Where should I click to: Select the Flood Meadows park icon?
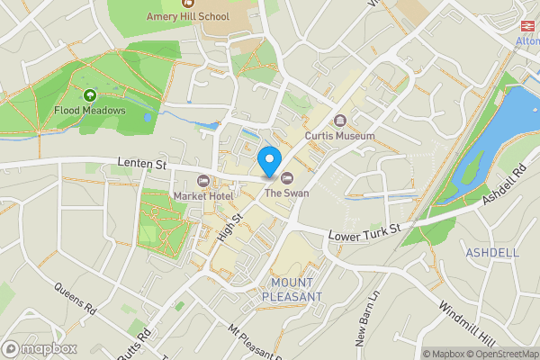89,95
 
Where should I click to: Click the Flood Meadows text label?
89,111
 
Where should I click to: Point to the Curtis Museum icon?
339,121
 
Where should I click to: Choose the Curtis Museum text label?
339,136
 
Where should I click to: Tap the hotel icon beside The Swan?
287,177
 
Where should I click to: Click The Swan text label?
282,193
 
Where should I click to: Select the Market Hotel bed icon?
202,181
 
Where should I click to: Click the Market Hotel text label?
202,196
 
